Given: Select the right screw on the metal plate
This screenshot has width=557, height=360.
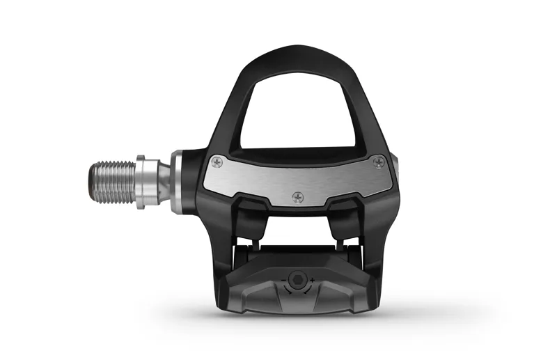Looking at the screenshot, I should (378, 162).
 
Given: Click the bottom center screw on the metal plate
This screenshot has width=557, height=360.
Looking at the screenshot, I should (298, 197).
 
